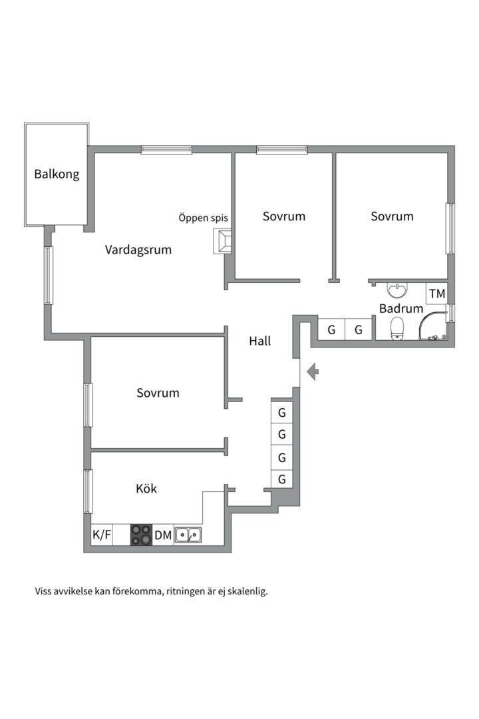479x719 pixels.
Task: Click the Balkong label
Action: [x=57, y=174]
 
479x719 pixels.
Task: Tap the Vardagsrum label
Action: [x=138, y=250]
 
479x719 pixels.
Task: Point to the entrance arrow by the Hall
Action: [x=313, y=371]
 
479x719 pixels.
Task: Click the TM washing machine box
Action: [x=436, y=294]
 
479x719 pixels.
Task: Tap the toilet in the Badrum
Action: [x=397, y=329]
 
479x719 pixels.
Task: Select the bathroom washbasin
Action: [x=397, y=290]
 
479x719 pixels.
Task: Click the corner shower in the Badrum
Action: [x=432, y=326]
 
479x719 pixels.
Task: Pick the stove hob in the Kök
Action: [x=141, y=535]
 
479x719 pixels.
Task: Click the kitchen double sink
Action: [x=188, y=535]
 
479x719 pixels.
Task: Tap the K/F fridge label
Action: [x=102, y=535]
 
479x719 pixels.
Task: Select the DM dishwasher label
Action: [x=163, y=535]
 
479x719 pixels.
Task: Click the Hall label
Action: [x=260, y=341]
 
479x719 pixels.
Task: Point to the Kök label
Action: [x=146, y=489]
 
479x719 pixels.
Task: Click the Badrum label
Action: [x=401, y=308]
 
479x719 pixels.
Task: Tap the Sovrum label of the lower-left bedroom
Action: [x=158, y=393]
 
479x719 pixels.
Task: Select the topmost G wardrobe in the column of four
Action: [x=282, y=413]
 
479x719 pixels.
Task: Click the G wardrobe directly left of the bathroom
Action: [x=359, y=330]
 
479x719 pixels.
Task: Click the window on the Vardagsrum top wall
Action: [x=166, y=150]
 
